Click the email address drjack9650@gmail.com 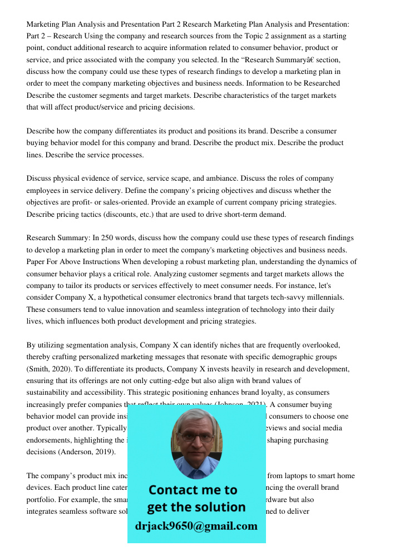(x=196, y=526)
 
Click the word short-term (x=243, y=215)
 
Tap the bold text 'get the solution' (x=196, y=507)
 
